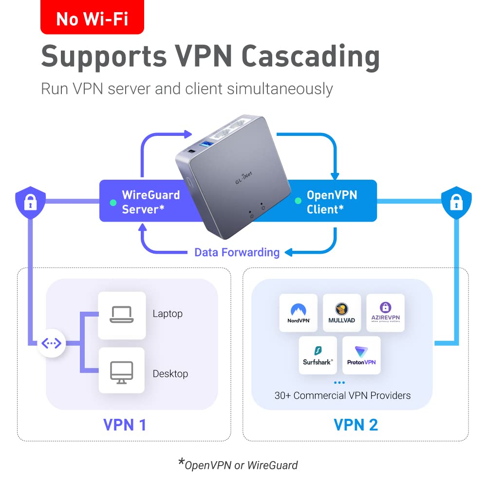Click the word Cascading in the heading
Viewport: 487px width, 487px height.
click(310, 57)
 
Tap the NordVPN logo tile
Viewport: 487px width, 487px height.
click(298, 313)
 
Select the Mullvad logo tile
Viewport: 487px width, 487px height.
click(342, 313)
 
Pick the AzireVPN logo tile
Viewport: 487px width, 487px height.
click(385, 313)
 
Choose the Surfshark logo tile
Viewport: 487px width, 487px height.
click(318, 355)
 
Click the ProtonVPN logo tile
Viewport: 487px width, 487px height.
click(361, 355)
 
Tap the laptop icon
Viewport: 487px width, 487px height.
click(121, 315)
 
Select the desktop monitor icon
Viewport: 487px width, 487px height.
click(121, 371)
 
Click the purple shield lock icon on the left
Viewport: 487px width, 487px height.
click(30, 202)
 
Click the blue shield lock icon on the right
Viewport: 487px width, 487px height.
click(456, 202)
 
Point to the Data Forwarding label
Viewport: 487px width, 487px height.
click(237, 252)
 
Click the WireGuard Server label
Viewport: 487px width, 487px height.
click(150, 202)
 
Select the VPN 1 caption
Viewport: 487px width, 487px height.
click(125, 425)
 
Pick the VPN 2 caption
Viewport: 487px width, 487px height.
click(356, 425)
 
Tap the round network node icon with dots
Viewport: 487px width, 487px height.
click(52, 344)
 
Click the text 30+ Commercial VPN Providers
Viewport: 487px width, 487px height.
click(342, 395)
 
